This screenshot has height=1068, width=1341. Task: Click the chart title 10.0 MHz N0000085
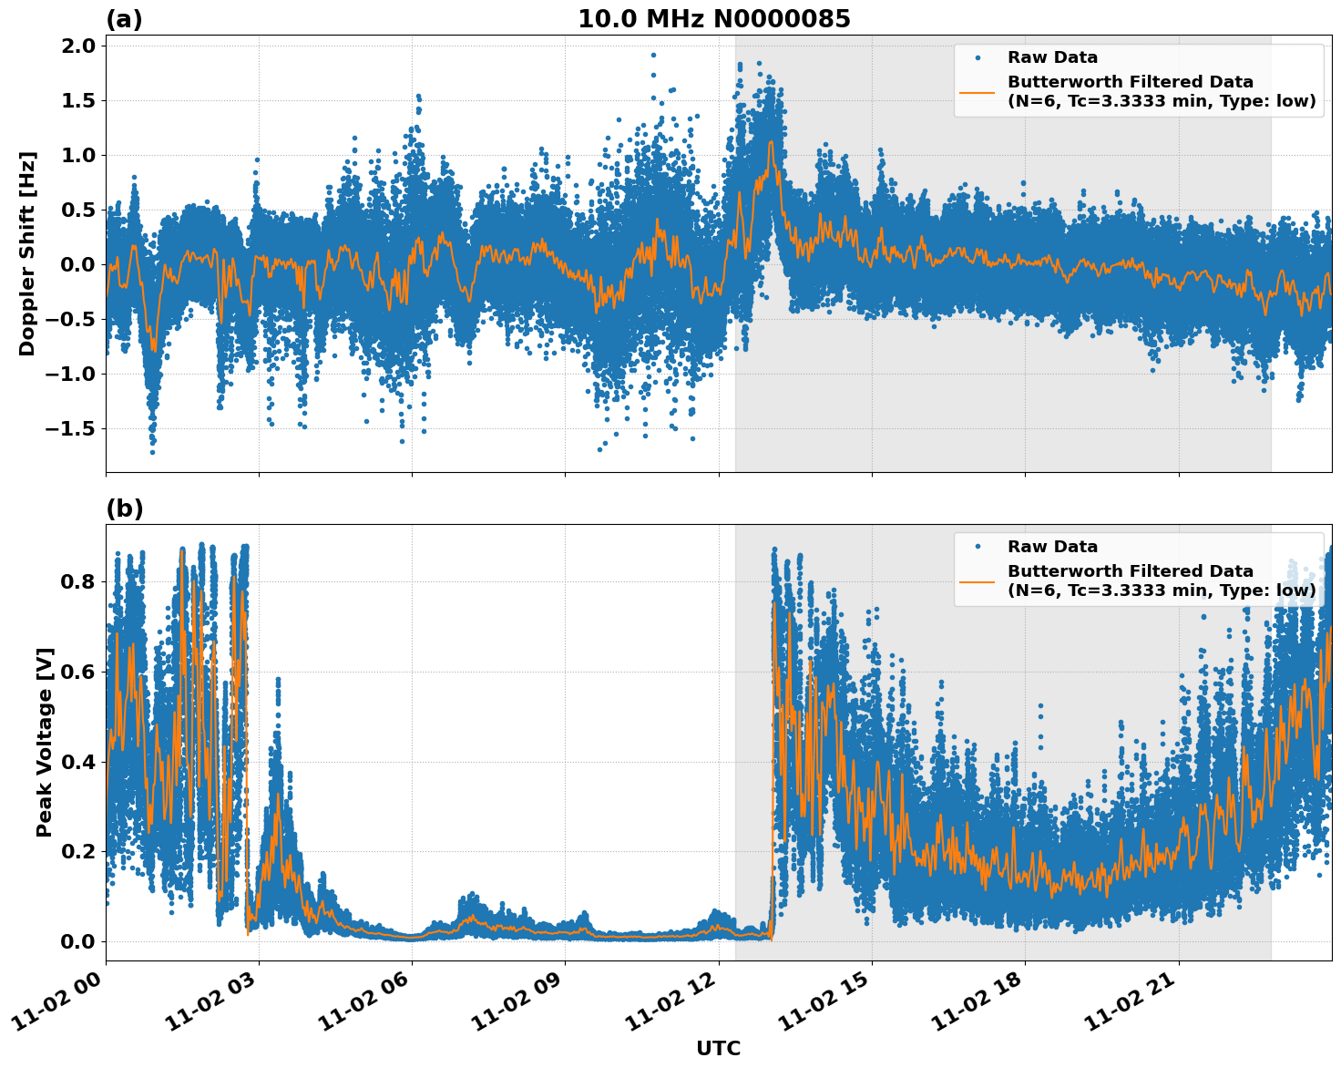tap(713, 19)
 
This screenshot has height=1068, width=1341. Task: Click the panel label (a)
tap(124, 19)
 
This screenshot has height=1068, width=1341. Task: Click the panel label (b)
tap(124, 508)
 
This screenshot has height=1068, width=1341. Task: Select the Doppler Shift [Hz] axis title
tap(27, 253)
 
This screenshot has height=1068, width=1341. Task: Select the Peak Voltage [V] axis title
tap(45, 742)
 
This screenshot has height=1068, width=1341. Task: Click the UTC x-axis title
tap(718, 1048)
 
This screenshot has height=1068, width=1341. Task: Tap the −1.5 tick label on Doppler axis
tap(70, 429)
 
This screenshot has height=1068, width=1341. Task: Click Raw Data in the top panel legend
tap(1052, 57)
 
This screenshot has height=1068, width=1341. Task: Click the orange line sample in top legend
tap(977, 91)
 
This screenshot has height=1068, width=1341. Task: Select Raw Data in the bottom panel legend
tap(1052, 547)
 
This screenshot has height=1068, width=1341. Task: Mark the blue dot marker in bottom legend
tap(977, 547)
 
